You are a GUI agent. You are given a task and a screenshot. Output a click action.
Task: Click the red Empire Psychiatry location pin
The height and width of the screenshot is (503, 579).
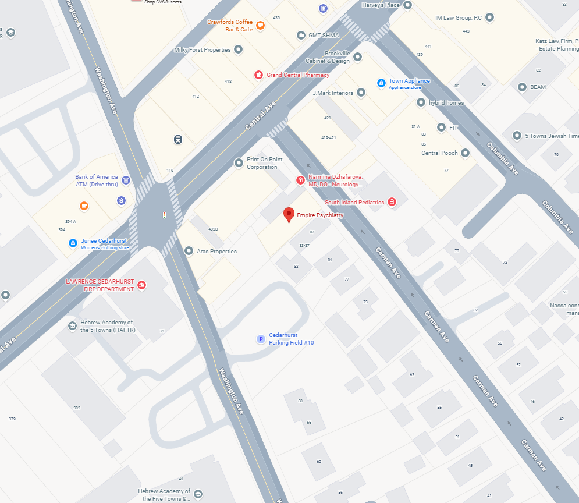(288, 214)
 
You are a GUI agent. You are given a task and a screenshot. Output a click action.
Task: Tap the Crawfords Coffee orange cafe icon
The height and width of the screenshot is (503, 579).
(260, 25)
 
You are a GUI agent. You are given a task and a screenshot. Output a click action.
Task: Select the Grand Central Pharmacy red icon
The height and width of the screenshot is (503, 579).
(258, 75)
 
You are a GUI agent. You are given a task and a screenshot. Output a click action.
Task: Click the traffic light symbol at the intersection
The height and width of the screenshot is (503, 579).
(164, 215)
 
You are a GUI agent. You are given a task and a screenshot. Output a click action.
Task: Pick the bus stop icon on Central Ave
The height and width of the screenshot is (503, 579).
(177, 139)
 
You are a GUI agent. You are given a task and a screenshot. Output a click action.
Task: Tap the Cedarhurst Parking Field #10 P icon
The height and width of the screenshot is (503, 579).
(261, 339)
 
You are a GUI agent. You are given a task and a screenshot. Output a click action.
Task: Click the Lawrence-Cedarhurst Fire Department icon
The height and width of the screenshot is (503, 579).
(141, 285)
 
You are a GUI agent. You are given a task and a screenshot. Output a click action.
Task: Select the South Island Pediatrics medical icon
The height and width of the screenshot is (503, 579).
(392, 202)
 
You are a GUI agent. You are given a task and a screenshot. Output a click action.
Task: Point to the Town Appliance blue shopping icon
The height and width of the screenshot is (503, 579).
(381, 83)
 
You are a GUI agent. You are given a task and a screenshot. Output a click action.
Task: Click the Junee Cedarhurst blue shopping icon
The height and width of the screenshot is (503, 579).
(73, 243)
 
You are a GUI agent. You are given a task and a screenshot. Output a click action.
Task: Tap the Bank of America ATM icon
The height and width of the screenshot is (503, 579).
(126, 179)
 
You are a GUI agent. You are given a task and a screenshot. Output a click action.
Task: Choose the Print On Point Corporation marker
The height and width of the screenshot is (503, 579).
(238, 163)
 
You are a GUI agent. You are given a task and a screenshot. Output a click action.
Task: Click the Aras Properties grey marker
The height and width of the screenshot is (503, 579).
(189, 251)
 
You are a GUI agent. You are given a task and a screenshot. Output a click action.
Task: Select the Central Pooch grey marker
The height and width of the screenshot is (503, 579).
(464, 153)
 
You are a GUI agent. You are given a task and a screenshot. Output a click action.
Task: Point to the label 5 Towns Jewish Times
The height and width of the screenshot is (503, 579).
(552, 136)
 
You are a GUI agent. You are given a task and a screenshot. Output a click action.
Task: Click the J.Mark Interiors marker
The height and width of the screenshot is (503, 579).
(361, 93)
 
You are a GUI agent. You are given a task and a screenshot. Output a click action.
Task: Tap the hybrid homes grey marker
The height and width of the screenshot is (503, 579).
(421, 102)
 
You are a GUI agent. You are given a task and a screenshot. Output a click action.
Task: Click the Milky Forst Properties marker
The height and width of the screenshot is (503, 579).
(238, 49)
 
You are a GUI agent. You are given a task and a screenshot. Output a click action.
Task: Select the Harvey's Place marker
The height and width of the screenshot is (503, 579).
(408, 5)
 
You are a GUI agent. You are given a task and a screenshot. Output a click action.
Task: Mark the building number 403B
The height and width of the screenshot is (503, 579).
(213, 229)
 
